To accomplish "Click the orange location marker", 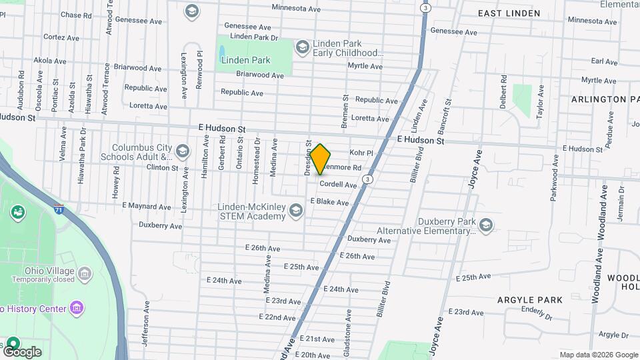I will point(321,159).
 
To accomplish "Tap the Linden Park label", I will point(246,60).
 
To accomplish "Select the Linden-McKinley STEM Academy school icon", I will point(295,211).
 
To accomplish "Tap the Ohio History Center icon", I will point(77,308).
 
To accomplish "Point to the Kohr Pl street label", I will point(361,153).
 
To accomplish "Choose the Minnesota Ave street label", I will point(297,7).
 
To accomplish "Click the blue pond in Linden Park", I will point(221,51).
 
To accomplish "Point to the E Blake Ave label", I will point(329,201).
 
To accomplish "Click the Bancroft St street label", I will point(448,115).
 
